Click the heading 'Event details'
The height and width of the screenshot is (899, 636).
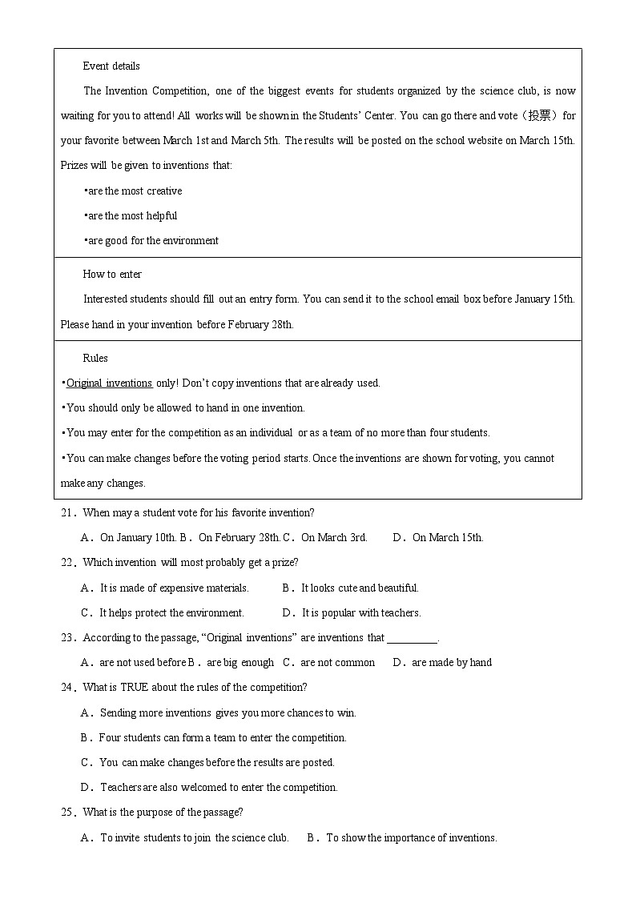[x=111, y=66]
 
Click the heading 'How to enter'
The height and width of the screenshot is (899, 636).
[x=112, y=275]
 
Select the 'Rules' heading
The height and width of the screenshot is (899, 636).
[x=95, y=359]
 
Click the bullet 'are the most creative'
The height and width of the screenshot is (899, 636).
[x=135, y=191]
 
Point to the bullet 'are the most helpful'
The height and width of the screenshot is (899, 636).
[x=132, y=216]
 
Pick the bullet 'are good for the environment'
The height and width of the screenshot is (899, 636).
[x=152, y=241]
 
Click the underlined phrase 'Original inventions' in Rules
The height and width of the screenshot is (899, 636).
[x=109, y=383]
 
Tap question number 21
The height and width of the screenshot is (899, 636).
[x=67, y=513]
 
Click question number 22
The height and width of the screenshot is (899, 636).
[x=67, y=563]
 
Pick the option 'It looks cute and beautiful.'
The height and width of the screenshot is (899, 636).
[x=360, y=588]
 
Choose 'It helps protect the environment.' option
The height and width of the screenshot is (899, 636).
[x=171, y=613]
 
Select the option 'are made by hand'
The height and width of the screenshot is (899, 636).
[x=451, y=663]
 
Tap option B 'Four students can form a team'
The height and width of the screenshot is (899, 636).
[x=222, y=738]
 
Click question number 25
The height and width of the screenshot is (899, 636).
[x=67, y=813]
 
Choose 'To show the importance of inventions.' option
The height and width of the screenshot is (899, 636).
[x=411, y=838]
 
